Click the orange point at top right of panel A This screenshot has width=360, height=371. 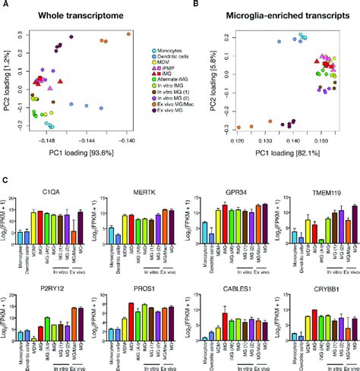(x=128, y=34)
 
